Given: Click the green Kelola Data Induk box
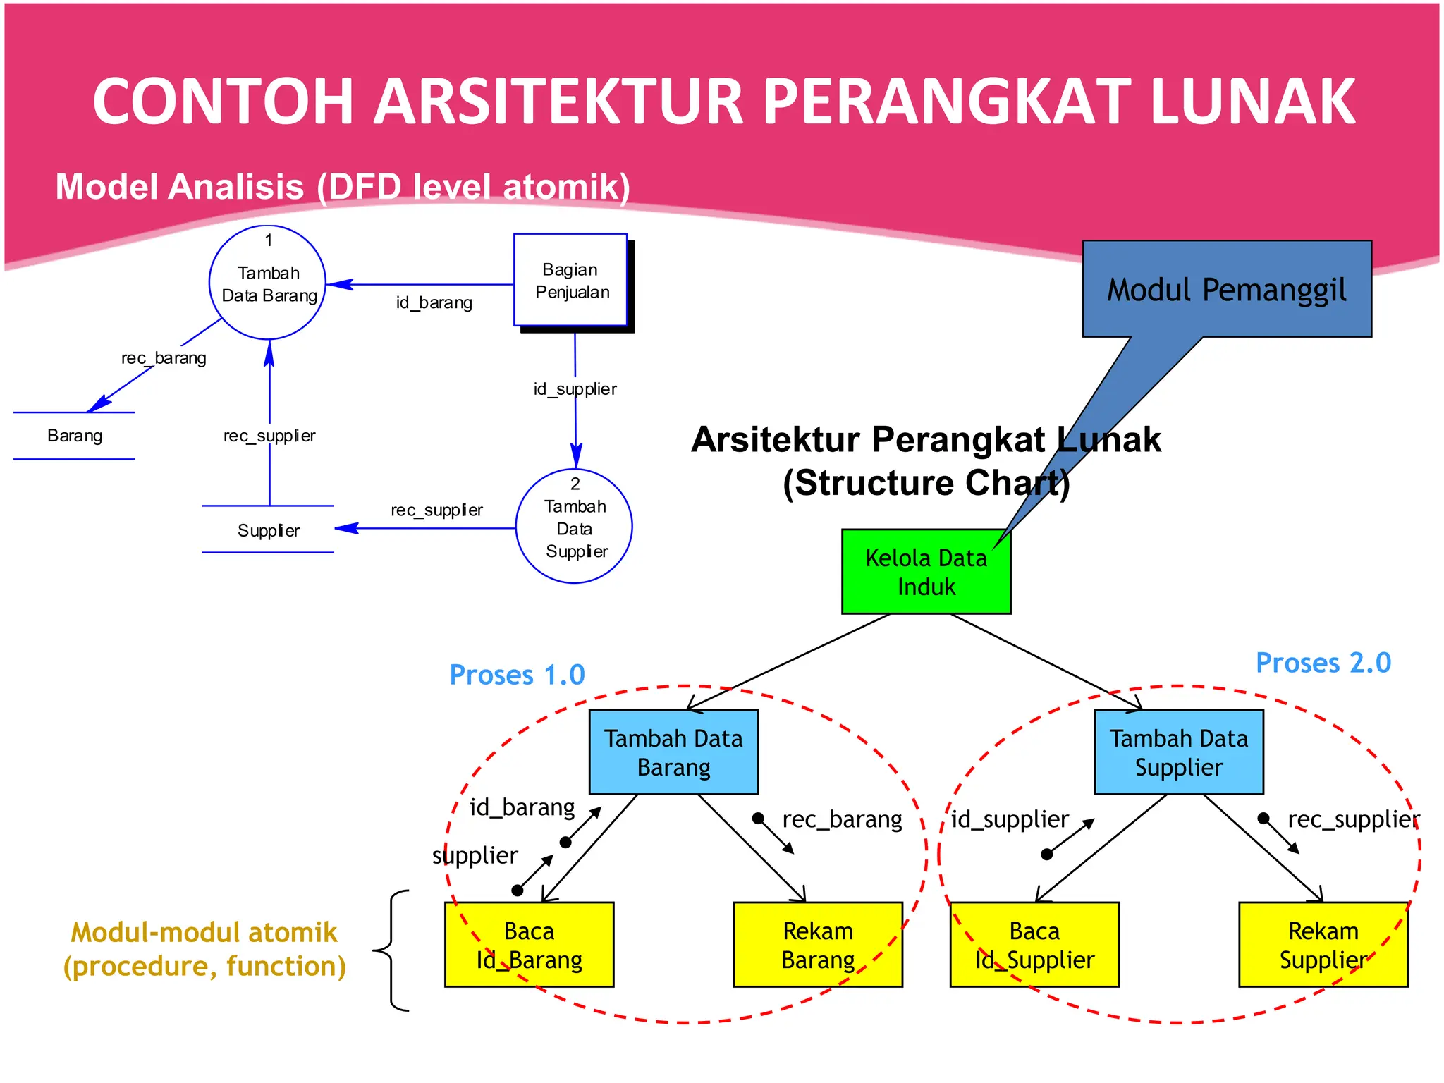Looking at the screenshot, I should pyautogui.click(x=925, y=572).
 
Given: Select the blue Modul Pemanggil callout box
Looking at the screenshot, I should pyautogui.click(x=1226, y=289).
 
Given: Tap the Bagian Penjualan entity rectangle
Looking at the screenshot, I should pyautogui.click(x=570, y=280).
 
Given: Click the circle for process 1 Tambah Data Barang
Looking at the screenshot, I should pyautogui.click(x=267, y=283).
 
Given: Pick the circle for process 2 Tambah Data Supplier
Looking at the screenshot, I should pyautogui.click(x=574, y=526).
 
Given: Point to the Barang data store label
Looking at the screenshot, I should pyautogui.click(x=75, y=436).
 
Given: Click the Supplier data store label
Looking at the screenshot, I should pyautogui.click(x=268, y=530).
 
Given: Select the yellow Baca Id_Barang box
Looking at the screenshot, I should pyautogui.click(x=529, y=945).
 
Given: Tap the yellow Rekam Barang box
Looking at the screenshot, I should pyautogui.click(x=817, y=945).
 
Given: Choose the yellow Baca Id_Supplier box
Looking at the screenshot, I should pyautogui.click(x=1034, y=945).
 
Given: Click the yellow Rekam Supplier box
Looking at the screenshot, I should pyautogui.click(x=1323, y=945).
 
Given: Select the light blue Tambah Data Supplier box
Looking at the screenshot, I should pyautogui.click(x=1178, y=752).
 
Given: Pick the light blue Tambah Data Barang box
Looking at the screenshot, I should pyautogui.click(x=673, y=752).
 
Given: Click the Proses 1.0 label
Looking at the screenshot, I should pyautogui.click(x=517, y=675).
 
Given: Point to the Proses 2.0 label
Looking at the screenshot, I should pyautogui.click(x=1323, y=663).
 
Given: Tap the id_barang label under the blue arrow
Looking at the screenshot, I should pyautogui.click(x=434, y=303).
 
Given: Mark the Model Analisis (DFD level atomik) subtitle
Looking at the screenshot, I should pyautogui.click(x=343, y=187).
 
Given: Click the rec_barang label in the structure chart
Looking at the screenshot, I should pyautogui.click(x=842, y=819).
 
